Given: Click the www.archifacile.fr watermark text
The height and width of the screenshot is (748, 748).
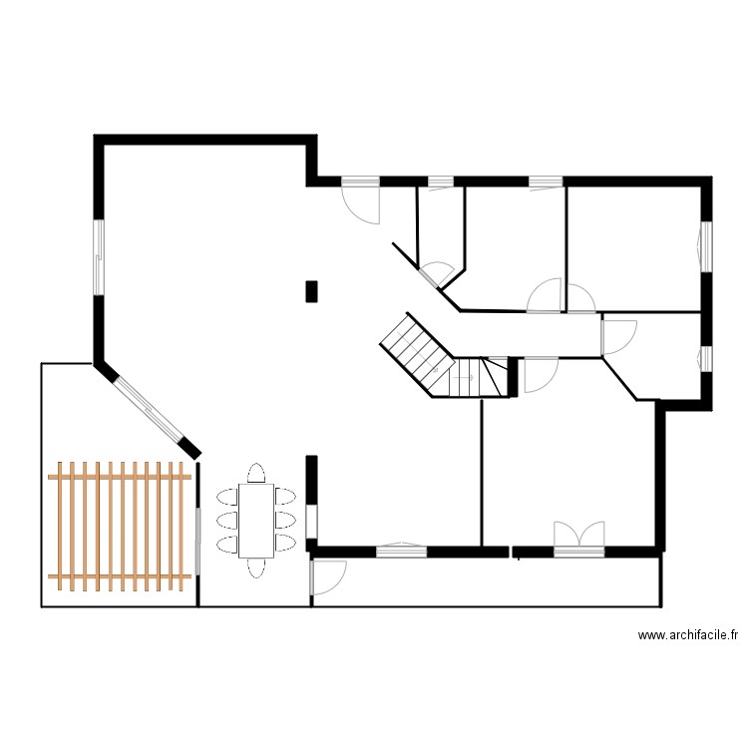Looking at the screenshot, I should [687, 634].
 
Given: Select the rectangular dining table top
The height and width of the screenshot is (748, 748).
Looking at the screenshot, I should [256, 521].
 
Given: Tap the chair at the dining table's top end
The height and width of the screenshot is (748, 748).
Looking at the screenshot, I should [256, 473].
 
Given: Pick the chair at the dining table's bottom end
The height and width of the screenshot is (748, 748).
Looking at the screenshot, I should [256, 567].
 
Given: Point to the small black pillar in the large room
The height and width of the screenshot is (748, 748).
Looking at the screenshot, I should [311, 290].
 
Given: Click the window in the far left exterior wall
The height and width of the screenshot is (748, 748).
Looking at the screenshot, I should [99, 256].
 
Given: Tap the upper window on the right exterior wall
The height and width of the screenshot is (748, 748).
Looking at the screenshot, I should [705, 246].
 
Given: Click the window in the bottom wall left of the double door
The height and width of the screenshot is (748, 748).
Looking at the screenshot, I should [401, 548].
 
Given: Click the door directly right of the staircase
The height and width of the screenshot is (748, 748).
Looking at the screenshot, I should [538, 373].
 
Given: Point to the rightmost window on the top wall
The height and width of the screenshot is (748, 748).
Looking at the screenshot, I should [545, 182].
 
